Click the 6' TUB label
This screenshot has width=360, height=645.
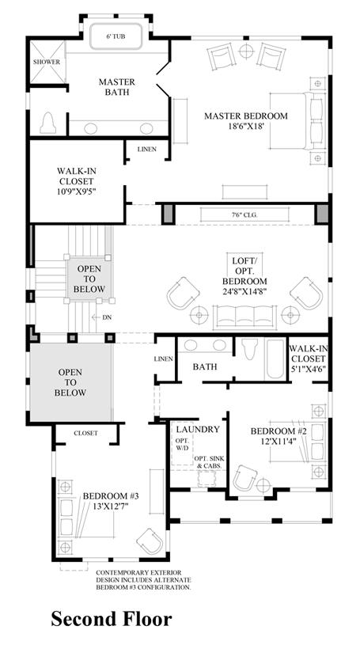click(116, 36)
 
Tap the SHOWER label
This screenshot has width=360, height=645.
click(47, 62)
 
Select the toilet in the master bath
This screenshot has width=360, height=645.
click(48, 123)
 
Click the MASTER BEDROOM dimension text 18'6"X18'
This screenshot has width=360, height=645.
click(246, 127)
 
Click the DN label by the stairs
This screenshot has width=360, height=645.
click(108, 317)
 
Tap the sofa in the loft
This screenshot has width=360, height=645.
click(245, 317)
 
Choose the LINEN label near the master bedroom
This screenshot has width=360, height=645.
click(147, 150)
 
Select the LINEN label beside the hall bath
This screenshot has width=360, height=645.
click(163, 359)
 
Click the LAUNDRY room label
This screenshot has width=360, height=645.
click(198, 430)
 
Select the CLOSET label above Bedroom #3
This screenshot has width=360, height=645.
click(85, 433)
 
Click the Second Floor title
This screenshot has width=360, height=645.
click(112, 618)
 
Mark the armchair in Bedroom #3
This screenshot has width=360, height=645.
click(150, 541)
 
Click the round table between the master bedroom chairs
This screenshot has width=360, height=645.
click(246, 51)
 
